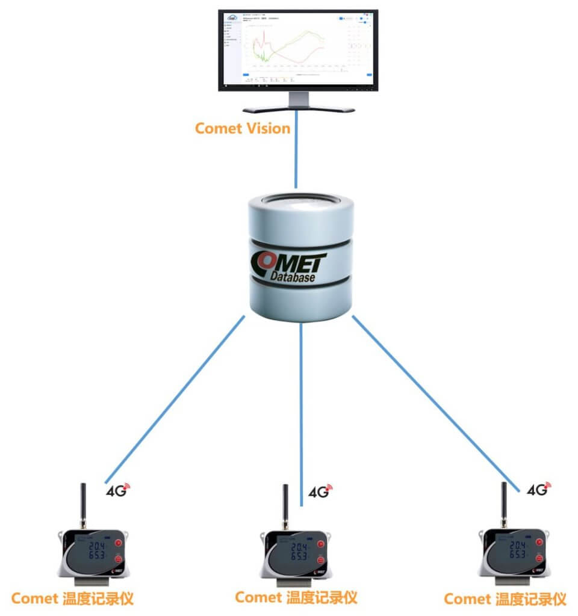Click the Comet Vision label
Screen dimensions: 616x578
click(243, 128)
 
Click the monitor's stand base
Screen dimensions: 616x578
click(298, 108)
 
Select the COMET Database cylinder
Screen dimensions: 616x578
click(300, 259)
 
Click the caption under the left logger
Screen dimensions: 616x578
click(72, 599)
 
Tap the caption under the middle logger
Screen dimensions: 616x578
click(296, 597)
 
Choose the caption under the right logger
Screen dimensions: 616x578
click(505, 599)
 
